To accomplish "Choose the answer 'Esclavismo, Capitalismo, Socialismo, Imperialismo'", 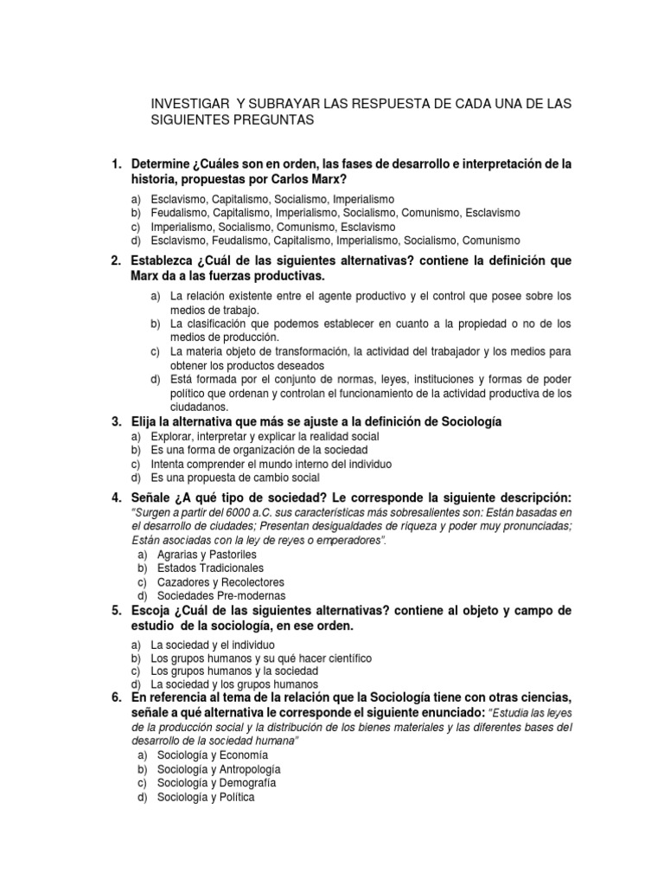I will pos(271,199).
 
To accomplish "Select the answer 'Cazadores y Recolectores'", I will pos(220,582).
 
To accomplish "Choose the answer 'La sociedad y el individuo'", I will pos(213,645).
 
